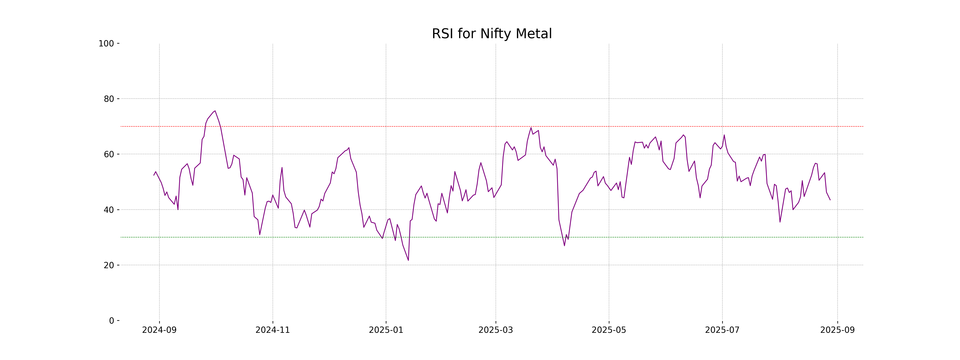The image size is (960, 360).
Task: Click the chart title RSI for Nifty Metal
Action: click(x=492, y=34)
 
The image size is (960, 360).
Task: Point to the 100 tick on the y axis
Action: click(x=106, y=44)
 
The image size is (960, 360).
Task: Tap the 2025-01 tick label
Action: click(x=386, y=330)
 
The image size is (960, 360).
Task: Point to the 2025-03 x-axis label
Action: click(x=496, y=330)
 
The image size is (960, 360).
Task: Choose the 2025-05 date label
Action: click(x=609, y=330)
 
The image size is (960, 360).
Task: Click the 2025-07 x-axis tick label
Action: click(x=722, y=330)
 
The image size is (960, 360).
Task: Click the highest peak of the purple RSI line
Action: click(x=215, y=111)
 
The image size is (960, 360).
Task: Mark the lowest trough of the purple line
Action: click(x=408, y=260)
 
